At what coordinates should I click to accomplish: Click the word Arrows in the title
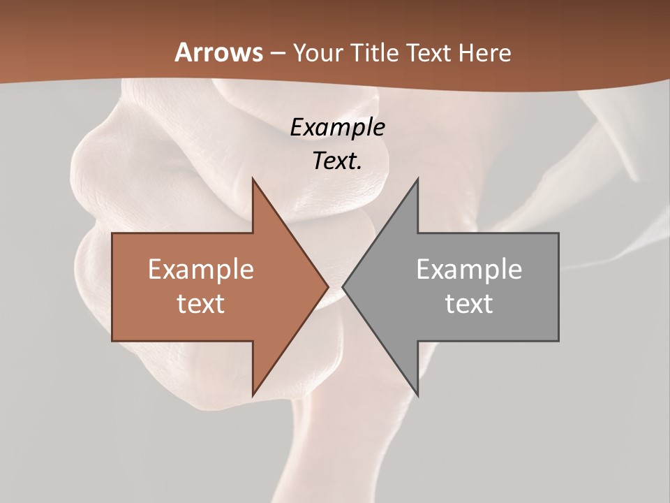(x=219, y=52)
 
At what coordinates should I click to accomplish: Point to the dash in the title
(x=277, y=53)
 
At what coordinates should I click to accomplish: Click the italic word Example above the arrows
(x=337, y=128)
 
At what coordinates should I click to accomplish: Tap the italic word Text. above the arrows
(x=337, y=161)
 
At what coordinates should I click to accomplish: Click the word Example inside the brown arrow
(x=201, y=269)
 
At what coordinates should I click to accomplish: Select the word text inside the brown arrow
(x=201, y=303)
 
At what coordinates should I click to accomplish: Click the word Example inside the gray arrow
(x=469, y=269)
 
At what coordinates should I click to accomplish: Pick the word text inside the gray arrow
(x=469, y=303)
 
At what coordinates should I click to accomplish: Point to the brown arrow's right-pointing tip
(x=329, y=287)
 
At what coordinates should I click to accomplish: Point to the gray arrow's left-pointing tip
(x=343, y=287)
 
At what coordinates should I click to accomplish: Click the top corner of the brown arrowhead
(x=253, y=179)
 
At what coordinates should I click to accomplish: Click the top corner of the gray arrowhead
(x=418, y=179)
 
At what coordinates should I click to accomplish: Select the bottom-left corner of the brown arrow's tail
(x=112, y=341)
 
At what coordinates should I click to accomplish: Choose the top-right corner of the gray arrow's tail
(x=558, y=233)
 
